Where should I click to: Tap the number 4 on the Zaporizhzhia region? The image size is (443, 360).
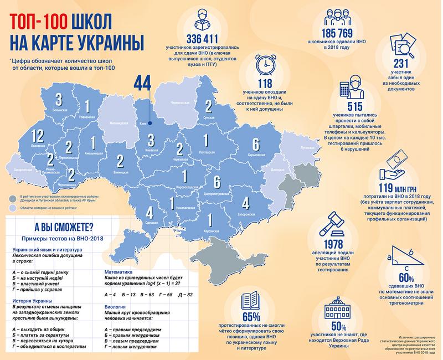(245, 202)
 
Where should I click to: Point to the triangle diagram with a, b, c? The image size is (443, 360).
(406, 257)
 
